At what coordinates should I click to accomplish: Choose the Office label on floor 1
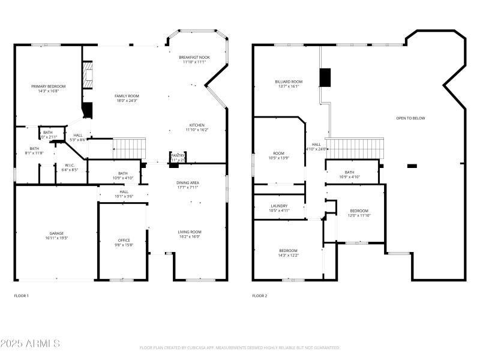point(124,242)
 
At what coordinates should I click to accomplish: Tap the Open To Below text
point(410,118)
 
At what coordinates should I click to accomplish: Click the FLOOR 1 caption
point(21,296)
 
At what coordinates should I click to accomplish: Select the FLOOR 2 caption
point(260,296)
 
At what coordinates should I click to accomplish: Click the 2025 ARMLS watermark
point(30,344)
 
